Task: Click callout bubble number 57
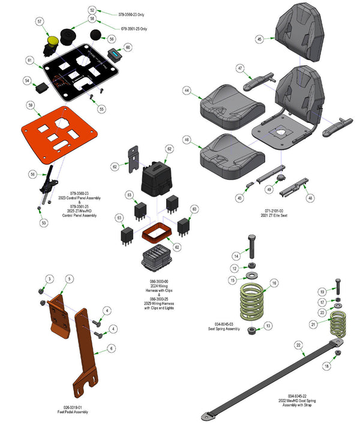coord(40,22)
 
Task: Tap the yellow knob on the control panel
coord(53,41)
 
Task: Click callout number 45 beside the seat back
coord(259,38)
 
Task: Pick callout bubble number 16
coord(274,283)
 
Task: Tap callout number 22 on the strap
coord(298,345)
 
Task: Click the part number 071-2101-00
coord(277,211)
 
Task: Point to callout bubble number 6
coord(112,348)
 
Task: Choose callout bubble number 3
coord(50,278)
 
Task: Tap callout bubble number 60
coord(127,47)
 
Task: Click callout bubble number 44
coord(187,90)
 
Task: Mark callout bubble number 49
coord(269,190)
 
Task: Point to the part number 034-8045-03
coord(220,324)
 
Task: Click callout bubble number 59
coord(29,105)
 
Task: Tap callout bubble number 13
coord(268,326)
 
